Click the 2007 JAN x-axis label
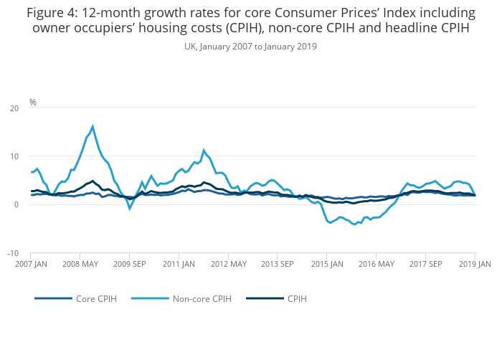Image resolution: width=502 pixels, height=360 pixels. coord(31,264)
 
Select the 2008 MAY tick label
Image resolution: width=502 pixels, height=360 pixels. coord(80,264)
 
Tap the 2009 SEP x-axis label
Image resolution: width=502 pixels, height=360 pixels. coord(130,264)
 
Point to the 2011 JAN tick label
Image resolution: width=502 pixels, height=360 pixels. coord(179,264)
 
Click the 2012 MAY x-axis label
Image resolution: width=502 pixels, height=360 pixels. coord(228,264)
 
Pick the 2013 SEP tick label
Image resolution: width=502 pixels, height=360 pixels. coord(278,264)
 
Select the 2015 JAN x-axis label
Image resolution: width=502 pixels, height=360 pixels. coord(327,264)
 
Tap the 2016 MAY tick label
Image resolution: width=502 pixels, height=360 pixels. coord(376,264)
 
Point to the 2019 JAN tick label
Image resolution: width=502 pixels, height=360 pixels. coord(475,264)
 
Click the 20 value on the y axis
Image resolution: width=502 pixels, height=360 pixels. coord(14,108)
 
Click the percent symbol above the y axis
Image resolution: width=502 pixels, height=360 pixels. coord(33,103)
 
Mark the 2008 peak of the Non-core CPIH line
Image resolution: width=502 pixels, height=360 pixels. coord(93,127)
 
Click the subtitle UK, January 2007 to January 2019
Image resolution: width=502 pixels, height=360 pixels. coord(250,47)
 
